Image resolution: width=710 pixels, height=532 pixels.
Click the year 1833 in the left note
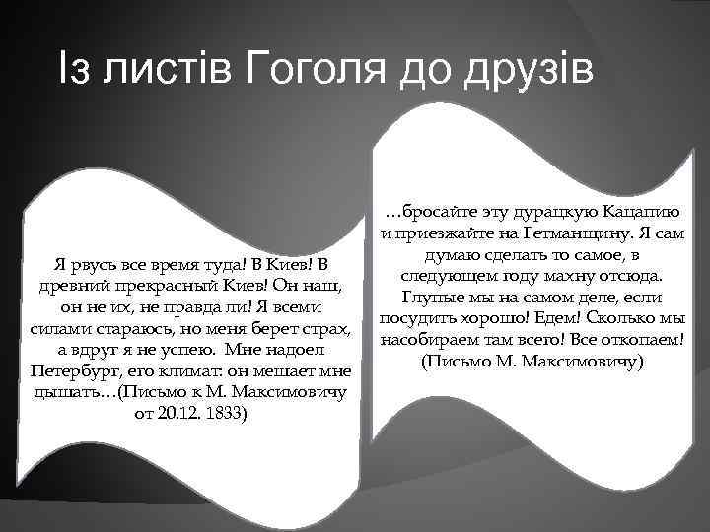coord(230,413)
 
